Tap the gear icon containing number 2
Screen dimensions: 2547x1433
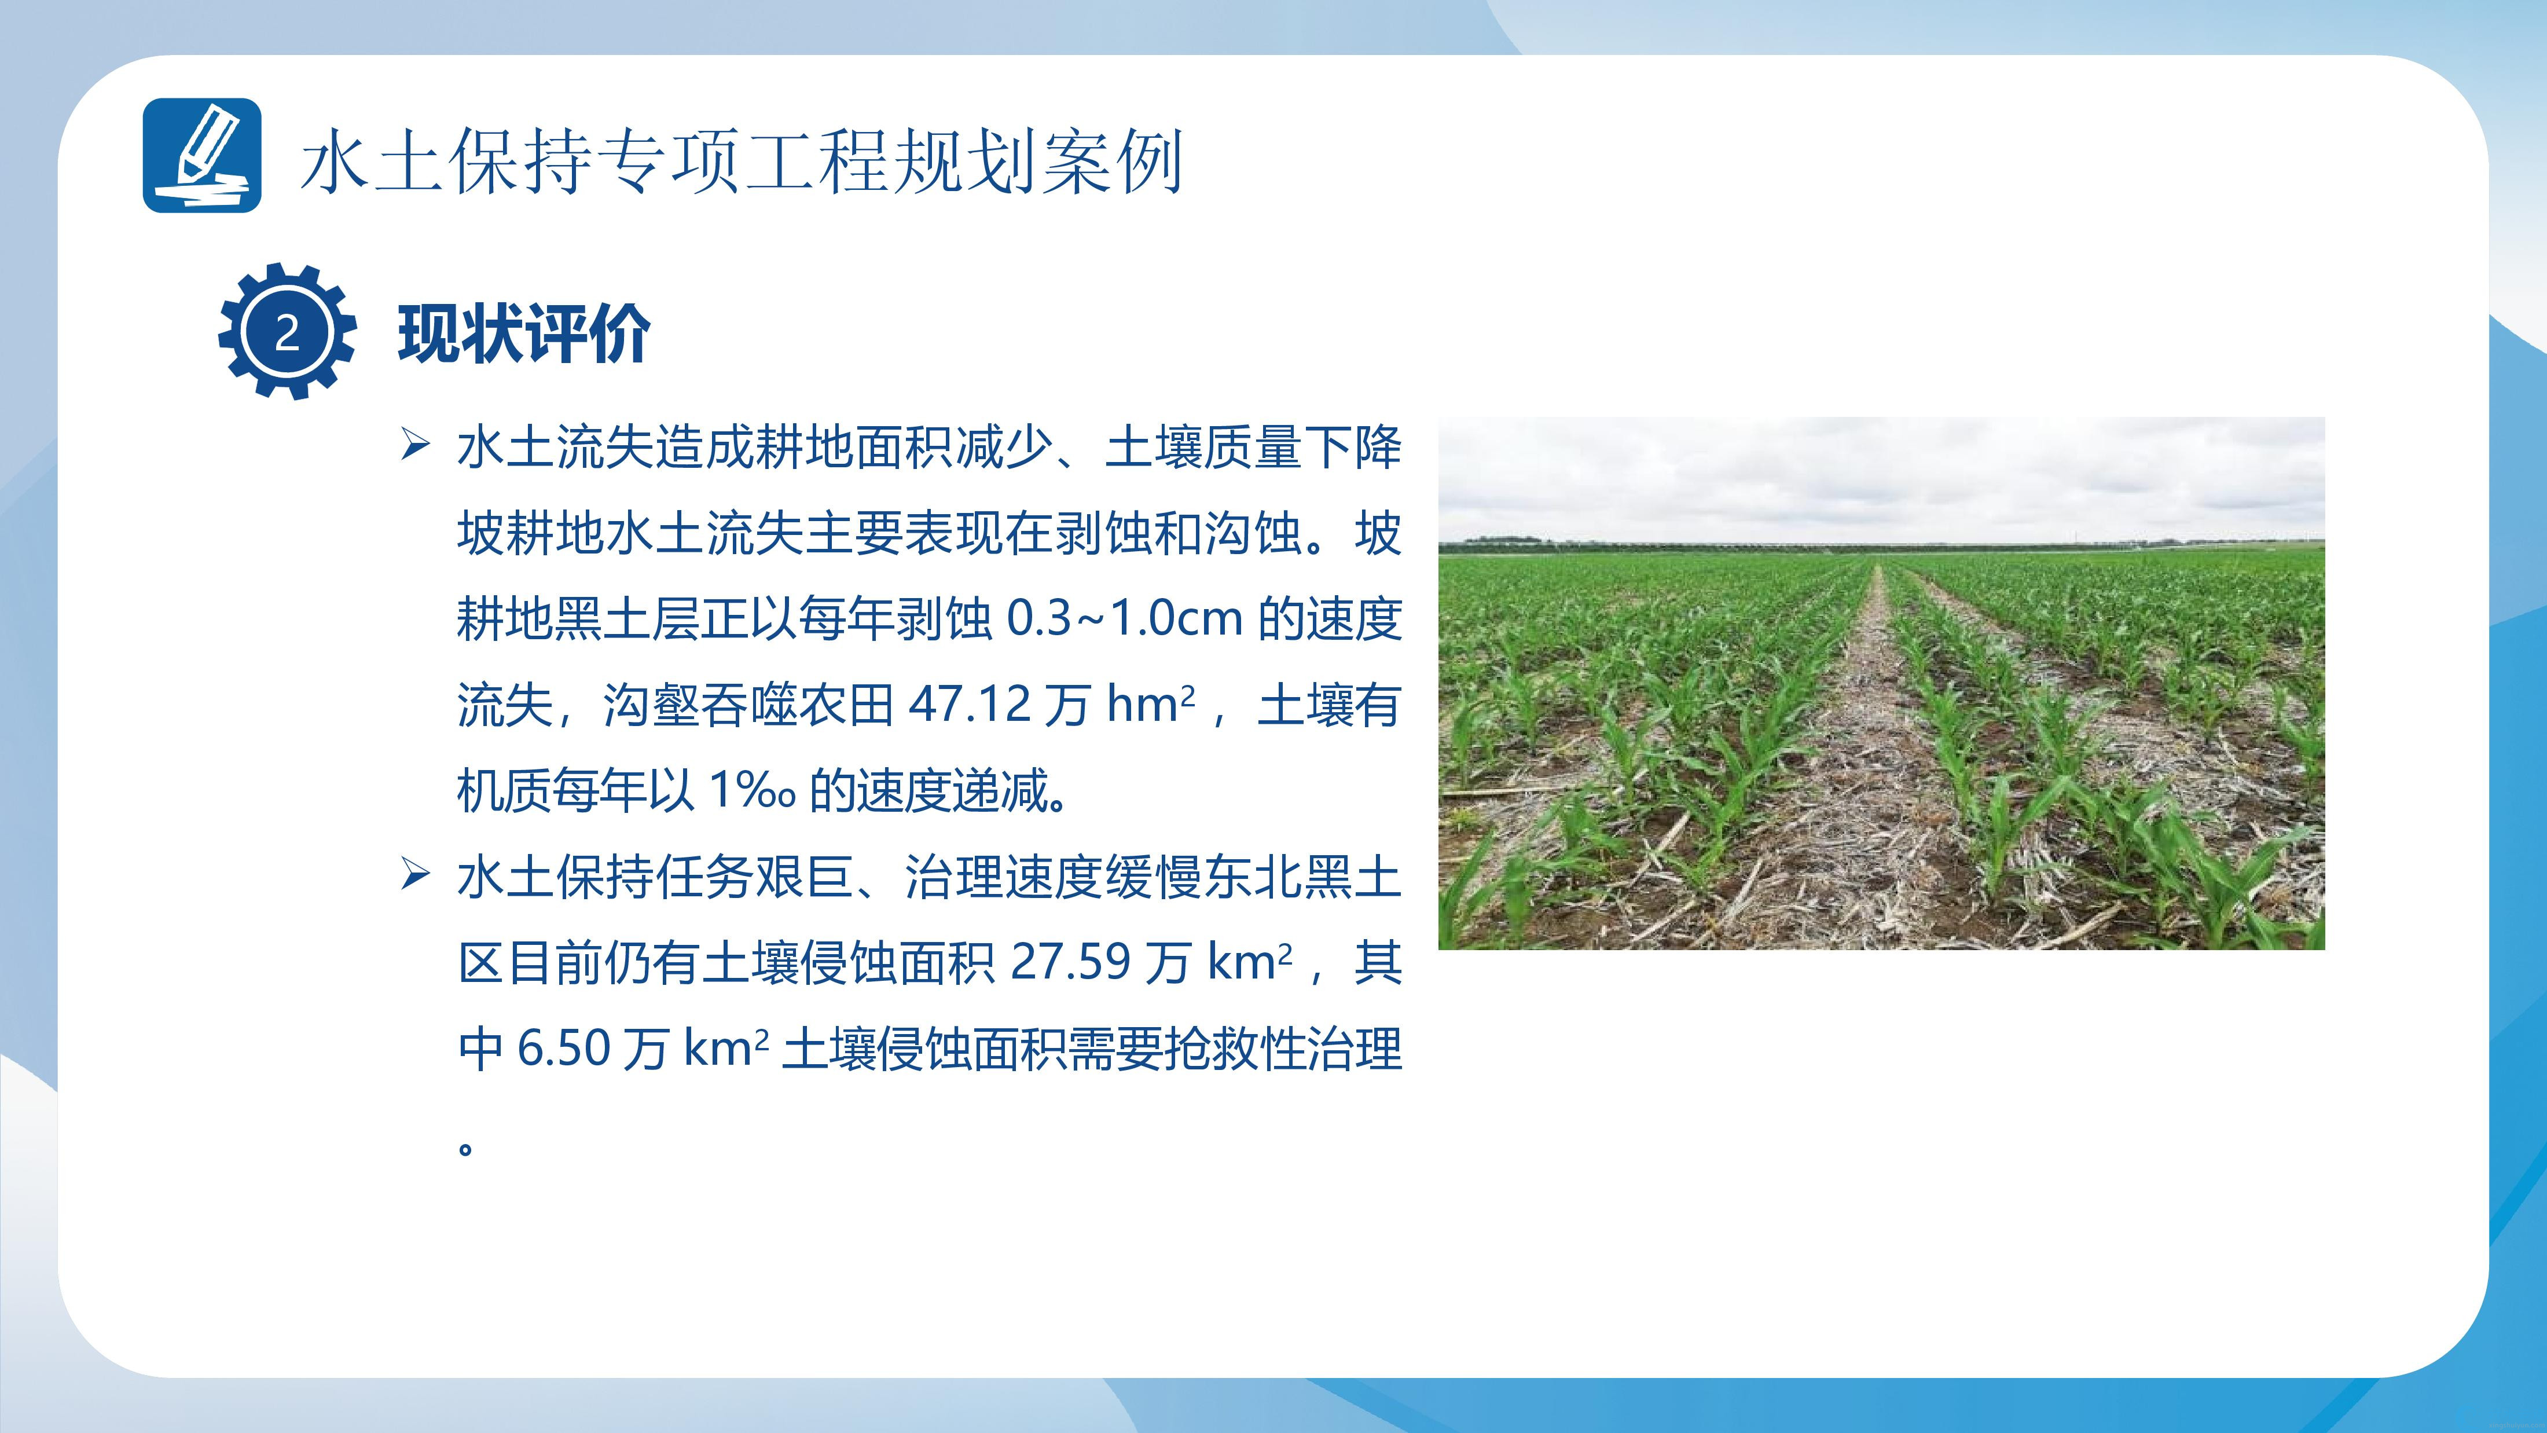tap(287, 331)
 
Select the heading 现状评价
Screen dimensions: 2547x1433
tap(524, 333)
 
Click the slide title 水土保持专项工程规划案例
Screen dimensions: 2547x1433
tap(742, 160)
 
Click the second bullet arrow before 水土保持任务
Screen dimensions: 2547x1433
tap(415, 875)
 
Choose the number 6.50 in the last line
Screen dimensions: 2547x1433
tap(564, 1049)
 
